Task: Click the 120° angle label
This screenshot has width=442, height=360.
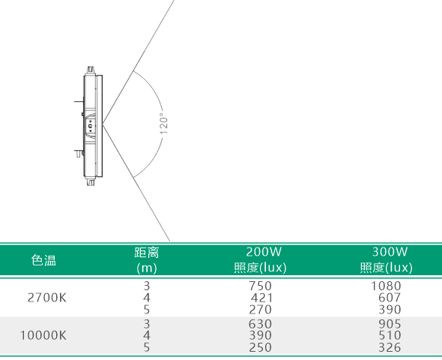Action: coord(163,124)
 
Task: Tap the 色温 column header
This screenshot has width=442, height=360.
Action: coord(43,259)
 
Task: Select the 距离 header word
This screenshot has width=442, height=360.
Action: coord(147,253)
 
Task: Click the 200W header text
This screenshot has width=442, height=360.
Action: coord(264,252)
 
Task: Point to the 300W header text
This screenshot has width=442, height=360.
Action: coord(390,252)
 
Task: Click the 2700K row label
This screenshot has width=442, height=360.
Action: coord(47,298)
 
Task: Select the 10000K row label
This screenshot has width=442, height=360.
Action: coord(43,335)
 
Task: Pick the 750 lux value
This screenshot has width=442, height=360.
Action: coord(260,286)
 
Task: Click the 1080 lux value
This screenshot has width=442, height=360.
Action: coord(386,286)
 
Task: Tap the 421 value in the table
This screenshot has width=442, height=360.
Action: coord(261,298)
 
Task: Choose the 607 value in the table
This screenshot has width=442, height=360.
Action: coord(390,298)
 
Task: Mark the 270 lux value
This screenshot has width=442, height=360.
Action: coord(260,310)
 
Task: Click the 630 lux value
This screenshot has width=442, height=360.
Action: coord(260,323)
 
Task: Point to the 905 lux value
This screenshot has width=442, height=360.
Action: coord(390,323)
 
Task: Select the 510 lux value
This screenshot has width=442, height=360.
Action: coord(390,335)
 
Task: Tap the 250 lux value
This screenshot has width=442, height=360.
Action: coord(260,347)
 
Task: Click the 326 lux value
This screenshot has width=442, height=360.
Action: coord(390,347)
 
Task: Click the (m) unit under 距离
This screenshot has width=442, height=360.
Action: coord(147,268)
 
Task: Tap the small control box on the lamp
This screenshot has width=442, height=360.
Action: coord(91,125)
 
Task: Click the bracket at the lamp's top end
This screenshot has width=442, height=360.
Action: coord(90,70)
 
